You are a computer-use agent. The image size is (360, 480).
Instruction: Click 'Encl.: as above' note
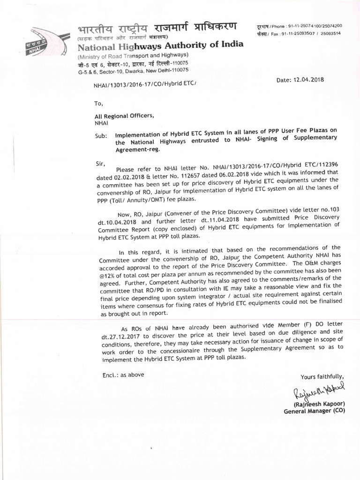[123, 375]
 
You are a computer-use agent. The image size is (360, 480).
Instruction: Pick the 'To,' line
[98, 103]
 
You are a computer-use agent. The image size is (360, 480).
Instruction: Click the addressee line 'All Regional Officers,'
[124, 116]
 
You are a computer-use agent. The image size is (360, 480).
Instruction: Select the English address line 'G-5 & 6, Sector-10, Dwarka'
[133, 70]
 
